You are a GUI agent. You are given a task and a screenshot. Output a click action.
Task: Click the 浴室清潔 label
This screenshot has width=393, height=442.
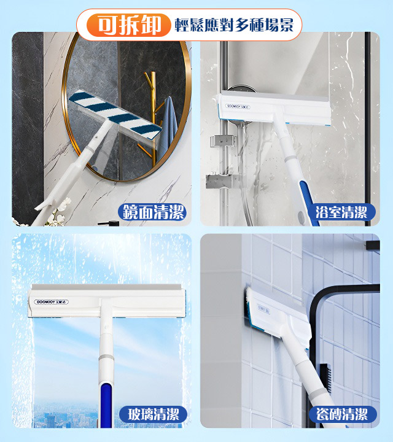[341, 212]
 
